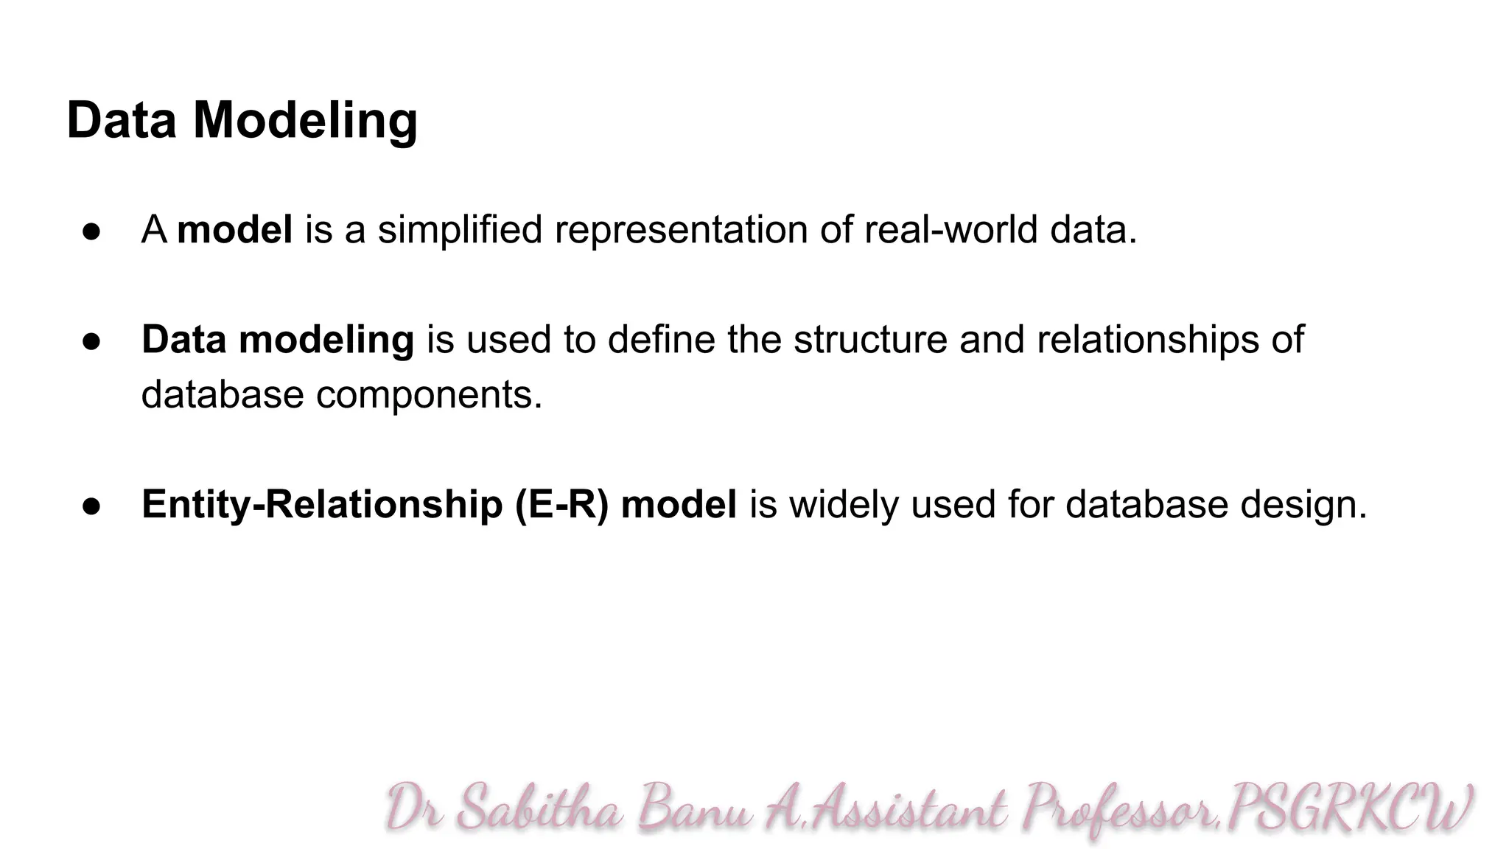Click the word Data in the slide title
[122, 120]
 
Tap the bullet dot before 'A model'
[91, 231]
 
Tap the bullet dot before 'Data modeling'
[91, 341]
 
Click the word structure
[870, 340]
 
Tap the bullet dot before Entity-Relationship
[91, 506]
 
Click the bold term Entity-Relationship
[322, 505]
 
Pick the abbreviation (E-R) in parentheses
[561, 505]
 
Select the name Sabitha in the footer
[539, 808]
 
